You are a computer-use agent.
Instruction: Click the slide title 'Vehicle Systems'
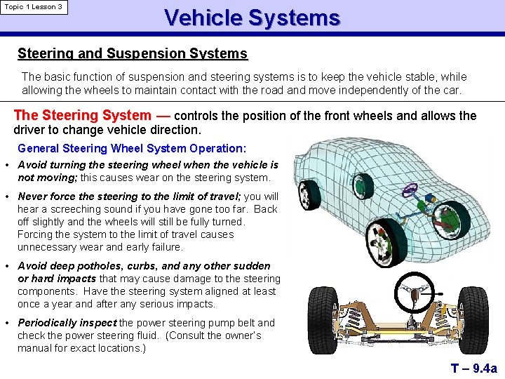click(x=252, y=18)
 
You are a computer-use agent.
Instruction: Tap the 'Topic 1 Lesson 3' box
click(x=34, y=7)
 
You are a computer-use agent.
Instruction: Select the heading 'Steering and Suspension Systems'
click(x=132, y=53)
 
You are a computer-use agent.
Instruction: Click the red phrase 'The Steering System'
click(x=82, y=115)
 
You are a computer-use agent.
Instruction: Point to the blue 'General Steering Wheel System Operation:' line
click(x=132, y=148)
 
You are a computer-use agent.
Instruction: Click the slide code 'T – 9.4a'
click(x=473, y=368)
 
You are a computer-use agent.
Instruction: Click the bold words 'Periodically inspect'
click(x=67, y=323)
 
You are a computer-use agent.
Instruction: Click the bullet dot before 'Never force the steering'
click(x=6, y=197)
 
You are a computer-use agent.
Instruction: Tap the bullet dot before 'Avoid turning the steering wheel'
click(x=6, y=165)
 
